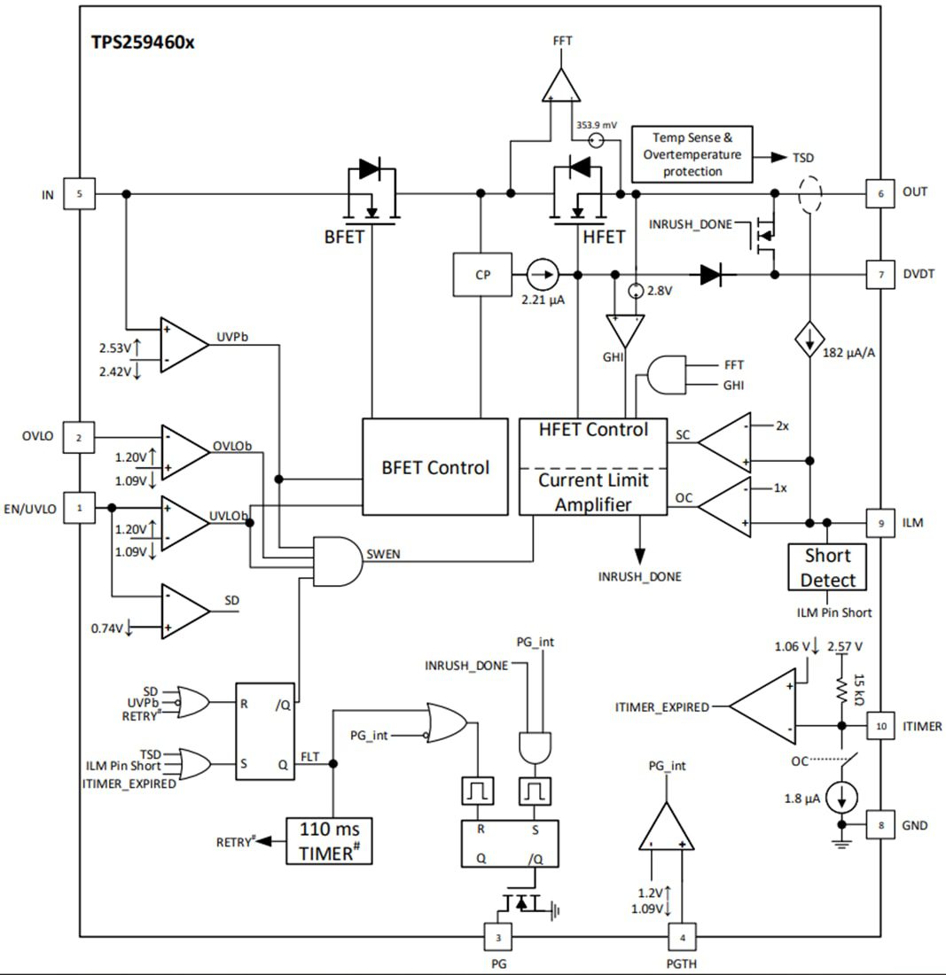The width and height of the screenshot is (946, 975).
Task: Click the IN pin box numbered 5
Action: coord(80,193)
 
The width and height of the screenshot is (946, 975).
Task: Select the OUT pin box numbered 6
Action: coord(880,192)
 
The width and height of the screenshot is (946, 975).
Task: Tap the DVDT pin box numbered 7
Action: coord(880,275)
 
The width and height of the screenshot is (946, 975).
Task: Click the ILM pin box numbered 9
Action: coord(880,524)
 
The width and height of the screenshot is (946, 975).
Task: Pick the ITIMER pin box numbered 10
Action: coord(880,725)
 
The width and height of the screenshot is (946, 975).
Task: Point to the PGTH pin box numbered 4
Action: coord(682,937)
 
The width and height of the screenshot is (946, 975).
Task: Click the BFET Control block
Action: coord(434,467)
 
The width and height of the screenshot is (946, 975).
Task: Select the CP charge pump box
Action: coord(482,275)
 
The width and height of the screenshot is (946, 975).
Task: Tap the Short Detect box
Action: coord(826,568)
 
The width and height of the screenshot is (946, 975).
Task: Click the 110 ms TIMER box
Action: coord(328,840)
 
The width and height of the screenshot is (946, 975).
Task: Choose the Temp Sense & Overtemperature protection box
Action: coord(692,154)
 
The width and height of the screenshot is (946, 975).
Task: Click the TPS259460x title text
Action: coord(142,42)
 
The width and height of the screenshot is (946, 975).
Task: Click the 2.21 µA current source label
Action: coord(543,300)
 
